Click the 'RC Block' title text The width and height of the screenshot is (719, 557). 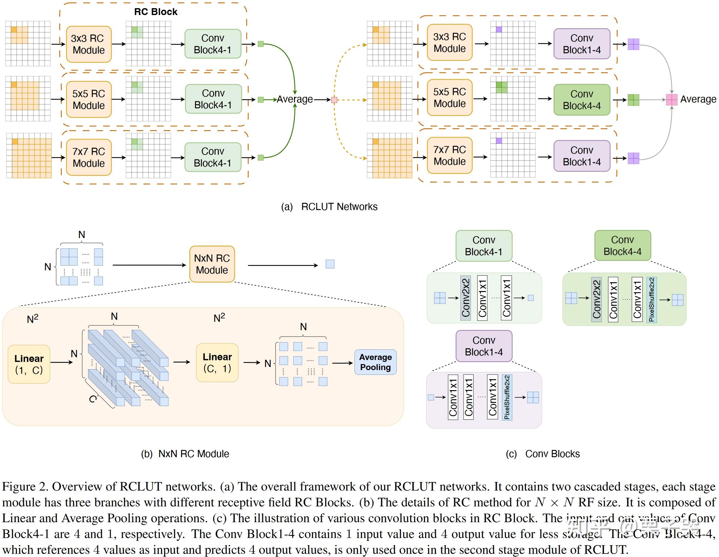tap(155, 12)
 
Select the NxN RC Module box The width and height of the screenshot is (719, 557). tap(212, 264)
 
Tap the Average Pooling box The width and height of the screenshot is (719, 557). tap(375, 362)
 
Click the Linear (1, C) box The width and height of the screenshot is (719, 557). tap(29, 364)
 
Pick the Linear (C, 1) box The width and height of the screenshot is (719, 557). tap(217, 363)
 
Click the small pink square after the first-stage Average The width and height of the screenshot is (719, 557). tap(334, 100)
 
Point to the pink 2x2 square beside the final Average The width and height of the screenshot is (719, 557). tap(672, 99)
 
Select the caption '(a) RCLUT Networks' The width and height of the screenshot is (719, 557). tap(329, 207)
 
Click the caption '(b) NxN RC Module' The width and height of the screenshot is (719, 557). tap(185, 454)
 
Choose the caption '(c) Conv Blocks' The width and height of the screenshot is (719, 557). tap(543, 454)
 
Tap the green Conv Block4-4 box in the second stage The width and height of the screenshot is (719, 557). tap(582, 100)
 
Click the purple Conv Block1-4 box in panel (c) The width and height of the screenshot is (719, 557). tap(484, 346)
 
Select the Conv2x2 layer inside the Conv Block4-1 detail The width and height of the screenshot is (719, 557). tap(465, 298)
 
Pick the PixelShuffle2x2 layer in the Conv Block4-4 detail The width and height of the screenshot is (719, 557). tap(652, 300)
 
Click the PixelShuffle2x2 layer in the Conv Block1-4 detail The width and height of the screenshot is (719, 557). tap(507, 397)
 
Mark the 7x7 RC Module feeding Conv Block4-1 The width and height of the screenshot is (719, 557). tap(89, 157)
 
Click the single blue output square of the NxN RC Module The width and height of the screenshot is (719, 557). tap(330, 264)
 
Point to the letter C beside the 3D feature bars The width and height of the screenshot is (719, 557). tap(93, 399)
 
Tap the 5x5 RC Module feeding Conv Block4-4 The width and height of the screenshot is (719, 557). tap(449, 98)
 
